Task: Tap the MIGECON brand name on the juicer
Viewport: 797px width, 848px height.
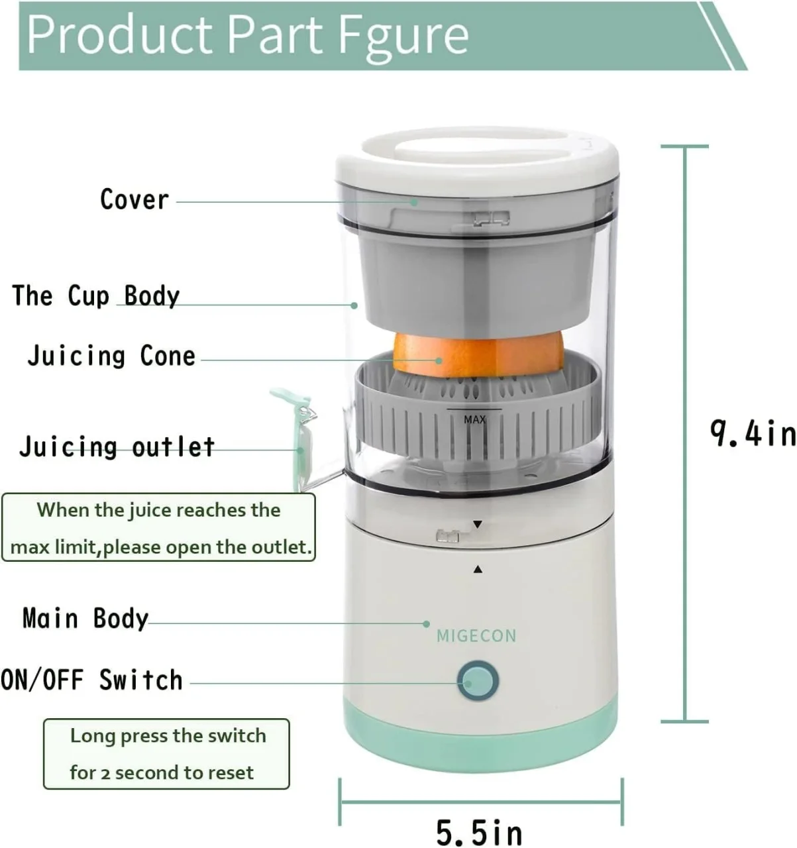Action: pyautogui.click(x=476, y=636)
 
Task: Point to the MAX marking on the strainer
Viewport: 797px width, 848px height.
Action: pyautogui.click(x=474, y=419)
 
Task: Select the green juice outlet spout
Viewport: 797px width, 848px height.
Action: pyautogui.click(x=298, y=437)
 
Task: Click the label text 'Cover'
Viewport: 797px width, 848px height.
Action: pyautogui.click(x=134, y=199)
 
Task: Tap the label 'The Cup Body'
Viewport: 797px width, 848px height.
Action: pyautogui.click(x=96, y=295)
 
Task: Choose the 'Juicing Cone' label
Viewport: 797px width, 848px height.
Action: pyautogui.click(x=111, y=356)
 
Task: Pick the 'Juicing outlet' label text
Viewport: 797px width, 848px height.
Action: pyautogui.click(x=117, y=447)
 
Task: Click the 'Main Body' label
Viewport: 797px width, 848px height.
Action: pyautogui.click(x=85, y=618)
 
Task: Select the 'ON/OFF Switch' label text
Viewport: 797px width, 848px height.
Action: pyautogui.click(x=91, y=680)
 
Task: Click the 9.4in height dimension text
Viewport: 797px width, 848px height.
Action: pyautogui.click(x=753, y=434)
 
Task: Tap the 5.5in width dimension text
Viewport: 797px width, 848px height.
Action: pyautogui.click(x=478, y=832)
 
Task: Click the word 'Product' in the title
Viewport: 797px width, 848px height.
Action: pyautogui.click(x=119, y=34)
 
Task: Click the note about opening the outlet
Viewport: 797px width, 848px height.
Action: pyautogui.click(x=159, y=528)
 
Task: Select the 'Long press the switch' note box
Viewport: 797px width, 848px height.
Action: pyautogui.click(x=166, y=754)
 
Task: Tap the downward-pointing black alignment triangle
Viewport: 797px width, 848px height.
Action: pyautogui.click(x=478, y=525)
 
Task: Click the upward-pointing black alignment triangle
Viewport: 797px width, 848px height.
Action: pyautogui.click(x=478, y=569)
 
